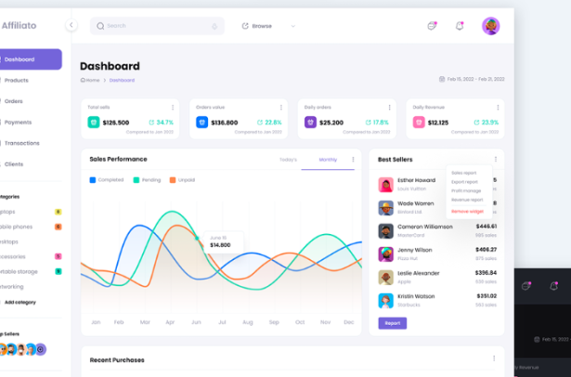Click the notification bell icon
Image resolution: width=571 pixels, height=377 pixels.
tap(459, 26)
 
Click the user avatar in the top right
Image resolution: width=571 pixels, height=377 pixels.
tap(490, 26)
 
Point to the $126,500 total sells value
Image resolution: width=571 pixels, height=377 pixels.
tap(116, 123)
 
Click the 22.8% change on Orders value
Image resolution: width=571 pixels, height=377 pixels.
tap(269, 123)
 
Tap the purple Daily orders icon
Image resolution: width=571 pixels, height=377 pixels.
tap(310, 122)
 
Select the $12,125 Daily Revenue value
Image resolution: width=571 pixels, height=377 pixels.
tap(436, 123)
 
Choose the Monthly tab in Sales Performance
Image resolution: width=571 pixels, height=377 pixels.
tap(328, 160)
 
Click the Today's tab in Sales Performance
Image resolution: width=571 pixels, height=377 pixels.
tap(288, 160)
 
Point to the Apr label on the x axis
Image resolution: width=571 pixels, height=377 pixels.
tap(169, 322)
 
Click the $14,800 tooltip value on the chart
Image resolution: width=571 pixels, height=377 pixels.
tap(220, 245)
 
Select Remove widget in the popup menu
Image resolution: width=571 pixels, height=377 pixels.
tap(467, 212)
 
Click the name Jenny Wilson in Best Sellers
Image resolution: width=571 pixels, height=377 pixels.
tap(414, 250)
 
